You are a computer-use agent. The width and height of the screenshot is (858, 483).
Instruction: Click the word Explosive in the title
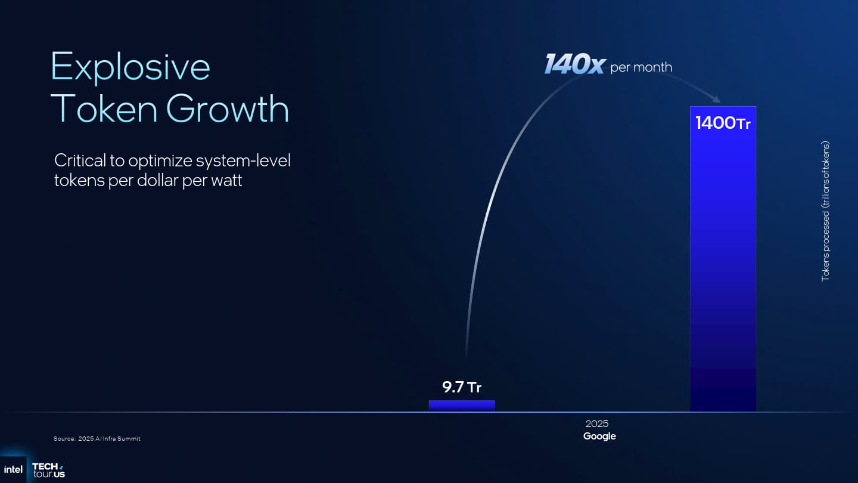click(x=130, y=67)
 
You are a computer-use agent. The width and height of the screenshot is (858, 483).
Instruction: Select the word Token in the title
click(x=104, y=109)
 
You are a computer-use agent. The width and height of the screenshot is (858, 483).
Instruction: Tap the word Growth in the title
click(x=228, y=109)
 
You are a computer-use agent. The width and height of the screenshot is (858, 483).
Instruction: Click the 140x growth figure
click(x=574, y=64)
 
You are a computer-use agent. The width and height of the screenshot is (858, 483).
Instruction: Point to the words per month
click(x=641, y=67)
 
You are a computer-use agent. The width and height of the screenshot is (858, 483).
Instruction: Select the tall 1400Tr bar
click(x=723, y=259)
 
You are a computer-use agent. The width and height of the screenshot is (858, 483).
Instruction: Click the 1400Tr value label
click(x=723, y=123)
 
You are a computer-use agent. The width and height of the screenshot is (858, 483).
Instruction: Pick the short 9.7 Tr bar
click(x=462, y=406)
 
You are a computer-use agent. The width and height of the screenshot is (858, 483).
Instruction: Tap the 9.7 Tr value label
click(x=462, y=387)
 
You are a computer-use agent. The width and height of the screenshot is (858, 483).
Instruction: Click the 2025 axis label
click(x=597, y=423)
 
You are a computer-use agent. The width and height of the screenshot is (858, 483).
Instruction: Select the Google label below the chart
click(x=599, y=436)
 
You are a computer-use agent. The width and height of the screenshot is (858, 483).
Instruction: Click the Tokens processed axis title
click(x=825, y=212)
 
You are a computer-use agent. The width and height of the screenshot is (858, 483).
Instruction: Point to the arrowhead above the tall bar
click(x=716, y=100)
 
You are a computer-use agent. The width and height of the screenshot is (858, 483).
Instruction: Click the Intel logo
click(x=13, y=470)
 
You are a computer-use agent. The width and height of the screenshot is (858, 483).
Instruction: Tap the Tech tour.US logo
click(x=49, y=470)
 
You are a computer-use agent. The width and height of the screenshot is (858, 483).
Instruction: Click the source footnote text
click(x=97, y=438)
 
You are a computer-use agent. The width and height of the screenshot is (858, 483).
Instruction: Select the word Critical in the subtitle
click(x=80, y=160)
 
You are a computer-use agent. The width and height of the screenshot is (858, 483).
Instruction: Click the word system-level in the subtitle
click(x=243, y=161)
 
